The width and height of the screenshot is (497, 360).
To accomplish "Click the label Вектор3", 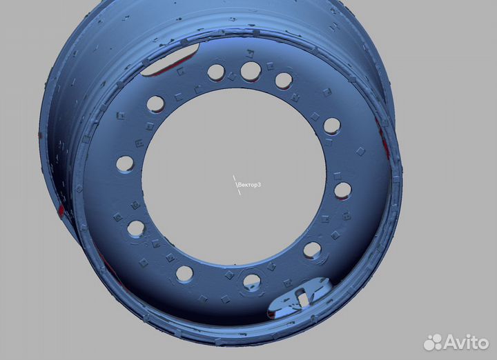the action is pyautogui.click(x=249, y=185).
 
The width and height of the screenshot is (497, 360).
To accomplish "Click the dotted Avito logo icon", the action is pyautogui.click(x=433, y=342).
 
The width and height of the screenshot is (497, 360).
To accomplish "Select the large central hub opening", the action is pyautogui.click(x=233, y=177).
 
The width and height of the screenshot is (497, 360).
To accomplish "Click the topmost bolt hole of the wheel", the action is pyautogui.click(x=251, y=71).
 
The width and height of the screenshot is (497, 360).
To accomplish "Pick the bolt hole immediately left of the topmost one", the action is pyautogui.click(x=216, y=72).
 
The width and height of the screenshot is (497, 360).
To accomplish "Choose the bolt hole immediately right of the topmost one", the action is pyautogui.click(x=284, y=81).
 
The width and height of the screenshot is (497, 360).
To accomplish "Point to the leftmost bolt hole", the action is pyautogui.click(x=125, y=164).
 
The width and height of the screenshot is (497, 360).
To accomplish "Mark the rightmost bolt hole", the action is pyautogui.click(x=342, y=191).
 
